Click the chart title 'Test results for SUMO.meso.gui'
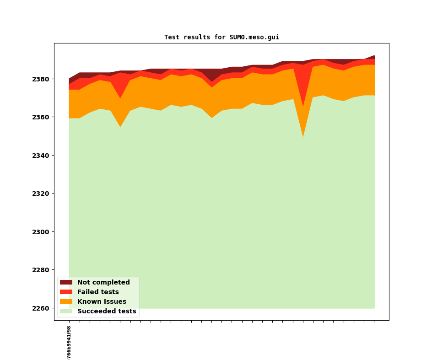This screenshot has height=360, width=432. (221, 37)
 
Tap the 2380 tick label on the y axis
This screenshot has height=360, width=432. (41, 79)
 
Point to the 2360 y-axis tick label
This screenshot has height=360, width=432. (41, 117)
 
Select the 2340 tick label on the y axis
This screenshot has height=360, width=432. (41, 156)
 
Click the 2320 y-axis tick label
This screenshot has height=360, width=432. (41, 193)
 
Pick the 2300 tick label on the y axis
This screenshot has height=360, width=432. (41, 232)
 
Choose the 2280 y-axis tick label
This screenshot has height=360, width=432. (41, 270)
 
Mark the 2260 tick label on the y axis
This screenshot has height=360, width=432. (41, 308)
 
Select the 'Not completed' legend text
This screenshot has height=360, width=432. (103, 283)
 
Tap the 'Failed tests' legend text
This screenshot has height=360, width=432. (98, 292)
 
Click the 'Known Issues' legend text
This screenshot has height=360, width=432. (102, 302)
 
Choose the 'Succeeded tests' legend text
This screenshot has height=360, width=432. (107, 312)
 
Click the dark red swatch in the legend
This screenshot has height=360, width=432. (66, 283)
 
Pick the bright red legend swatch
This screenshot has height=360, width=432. (66, 292)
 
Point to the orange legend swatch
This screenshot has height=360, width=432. (66, 302)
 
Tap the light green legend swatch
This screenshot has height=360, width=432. (66, 312)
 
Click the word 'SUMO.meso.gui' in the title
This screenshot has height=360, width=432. (254, 37)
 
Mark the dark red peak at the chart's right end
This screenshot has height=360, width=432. (374, 57)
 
